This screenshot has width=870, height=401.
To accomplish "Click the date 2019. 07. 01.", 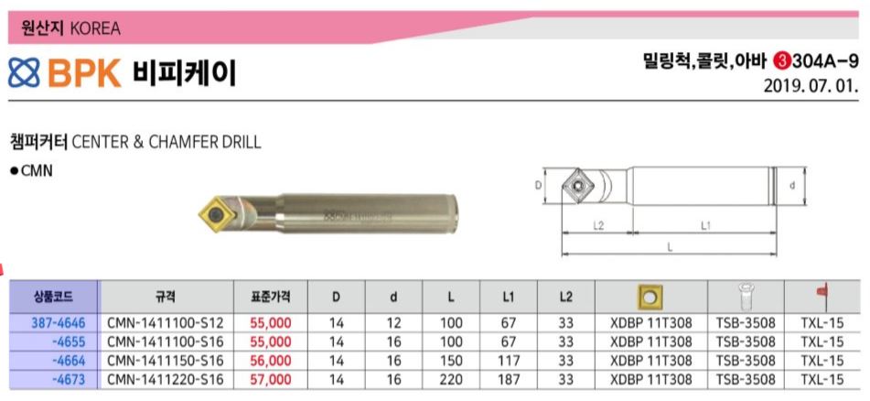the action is tap(811, 87).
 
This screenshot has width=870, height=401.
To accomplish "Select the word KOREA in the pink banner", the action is tap(95, 27).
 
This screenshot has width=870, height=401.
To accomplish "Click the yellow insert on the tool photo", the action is tap(216, 212).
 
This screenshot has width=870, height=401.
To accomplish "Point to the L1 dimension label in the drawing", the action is tap(705, 225).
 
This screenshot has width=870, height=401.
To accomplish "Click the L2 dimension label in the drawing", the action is tap(598, 225).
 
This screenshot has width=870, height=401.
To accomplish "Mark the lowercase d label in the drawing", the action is tap(791, 186).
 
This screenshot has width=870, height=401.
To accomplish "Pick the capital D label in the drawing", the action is tap(538, 186).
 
